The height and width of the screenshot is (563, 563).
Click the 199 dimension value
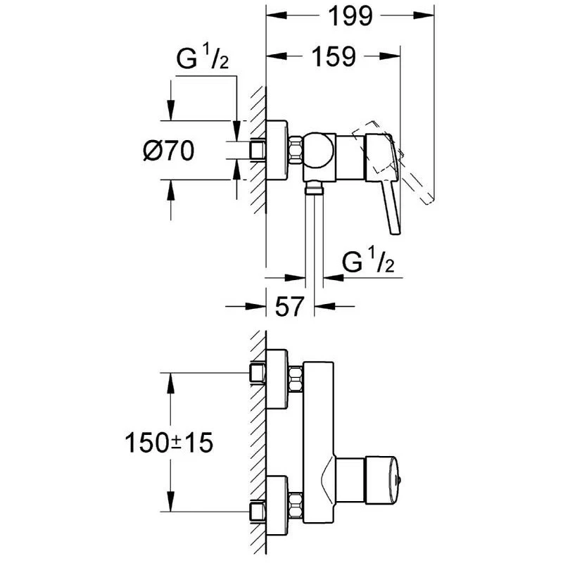click(x=350, y=15)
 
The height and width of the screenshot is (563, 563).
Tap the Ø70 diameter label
click(x=168, y=151)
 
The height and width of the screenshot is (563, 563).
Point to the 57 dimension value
click(x=289, y=306)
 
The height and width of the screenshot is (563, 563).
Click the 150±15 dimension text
click(x=168, y=443)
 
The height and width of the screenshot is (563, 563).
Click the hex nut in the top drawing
click(x=295, y=150)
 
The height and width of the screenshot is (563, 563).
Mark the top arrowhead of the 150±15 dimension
click(x=169, y=379)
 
